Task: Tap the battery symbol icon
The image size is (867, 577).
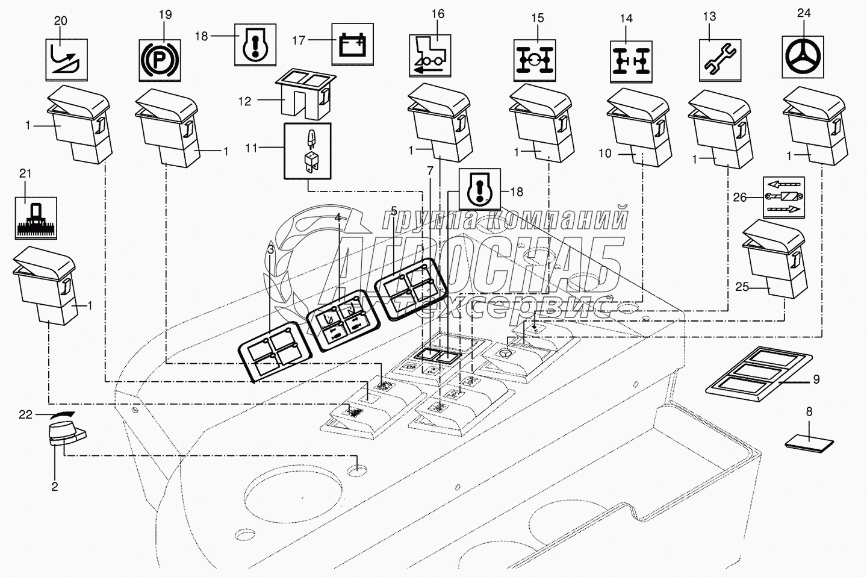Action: click(x=352, y=44)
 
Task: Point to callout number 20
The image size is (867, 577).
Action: click(x=61, y=21)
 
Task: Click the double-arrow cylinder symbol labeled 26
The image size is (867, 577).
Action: click(x=784, y=197)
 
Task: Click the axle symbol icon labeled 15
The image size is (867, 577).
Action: click(x=535, y=60)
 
